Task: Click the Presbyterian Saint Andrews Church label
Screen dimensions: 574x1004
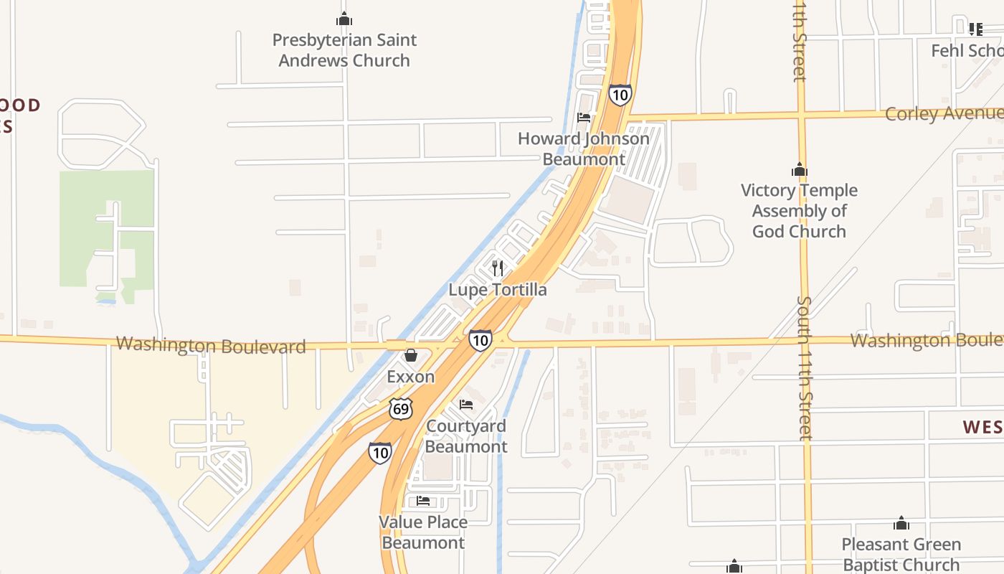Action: pyautogui.click(x=344, y=50)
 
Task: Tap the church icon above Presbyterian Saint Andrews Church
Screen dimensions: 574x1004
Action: pyautogui.click(x=344, y=19)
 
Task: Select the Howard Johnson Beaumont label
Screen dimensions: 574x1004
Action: pyautogui.click(x=584, y=149)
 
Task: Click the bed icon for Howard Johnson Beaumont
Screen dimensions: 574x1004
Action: pyautogui.click(x=584, y=117)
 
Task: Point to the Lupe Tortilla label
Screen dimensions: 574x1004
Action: pyautogui.click(x=498, y=290)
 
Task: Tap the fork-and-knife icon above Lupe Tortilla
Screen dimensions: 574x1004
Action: pyautogui.click(x=498, y=268)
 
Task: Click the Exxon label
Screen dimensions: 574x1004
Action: pyautogui.click(x=410, y=377)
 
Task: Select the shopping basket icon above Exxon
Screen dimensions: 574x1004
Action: pyautogui.click(x=410, y=355)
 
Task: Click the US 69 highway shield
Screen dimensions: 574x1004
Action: pyautogui.click(x=402, y=409)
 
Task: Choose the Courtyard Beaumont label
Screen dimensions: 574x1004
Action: pyautogui.click(x=466, y=436)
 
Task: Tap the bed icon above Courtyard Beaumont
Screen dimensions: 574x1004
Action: pyautogui.click(x=466, y=405)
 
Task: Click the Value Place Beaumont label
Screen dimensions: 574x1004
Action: pyautogui.click(x=423, y=532)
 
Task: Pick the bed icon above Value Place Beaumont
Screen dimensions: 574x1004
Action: pyautogui.click(x=423, y=501)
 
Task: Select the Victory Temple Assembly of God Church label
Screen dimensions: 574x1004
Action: pyautogui.click(x=799, y=211)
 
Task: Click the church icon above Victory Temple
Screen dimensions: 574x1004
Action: pyautogui.click(x=799, y=170)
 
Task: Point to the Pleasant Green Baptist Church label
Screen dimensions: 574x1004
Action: pyautogui.click(x=901, y=555)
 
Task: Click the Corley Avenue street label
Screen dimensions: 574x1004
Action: pyautogui.click(x=943, y=113)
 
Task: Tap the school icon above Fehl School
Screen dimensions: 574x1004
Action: pyautogui.click(x=975, y=29)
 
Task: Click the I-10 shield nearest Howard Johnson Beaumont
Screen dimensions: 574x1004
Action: pyautogui.click(x=620, y=95)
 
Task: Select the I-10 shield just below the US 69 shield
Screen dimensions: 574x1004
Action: pyautogui.click(x=380, y=453)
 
